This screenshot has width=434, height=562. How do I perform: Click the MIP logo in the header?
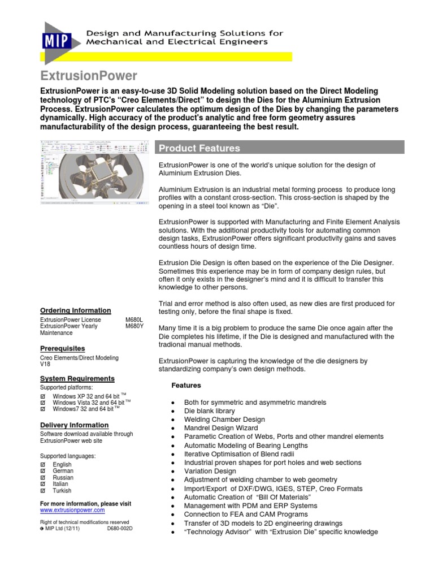[54, 41]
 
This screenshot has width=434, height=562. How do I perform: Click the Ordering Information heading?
[75, 310]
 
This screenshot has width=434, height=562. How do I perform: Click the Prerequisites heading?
[62, 348]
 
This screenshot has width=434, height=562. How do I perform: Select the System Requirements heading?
[77, 378]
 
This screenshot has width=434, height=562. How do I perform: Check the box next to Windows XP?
[43, 396]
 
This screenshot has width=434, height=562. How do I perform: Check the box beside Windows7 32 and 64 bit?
[43, 409]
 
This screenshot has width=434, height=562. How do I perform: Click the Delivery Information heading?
[73, 425]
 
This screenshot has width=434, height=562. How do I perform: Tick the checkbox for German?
[43, 470]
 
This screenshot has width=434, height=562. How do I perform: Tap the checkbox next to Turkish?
[43, 491]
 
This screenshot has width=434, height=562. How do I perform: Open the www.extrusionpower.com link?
[72, 509]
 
